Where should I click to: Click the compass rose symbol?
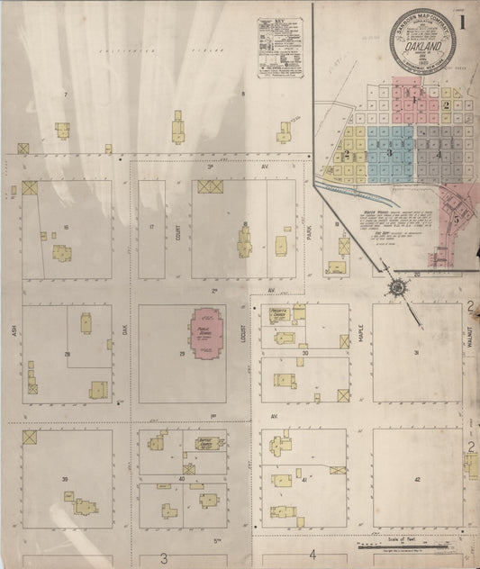(395, 288)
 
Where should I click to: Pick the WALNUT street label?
(470, 336)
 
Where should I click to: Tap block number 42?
(416, 480)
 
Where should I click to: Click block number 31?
(416, 352)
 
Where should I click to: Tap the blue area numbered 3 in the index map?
(389, 151)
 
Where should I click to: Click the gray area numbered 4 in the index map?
(439, 153)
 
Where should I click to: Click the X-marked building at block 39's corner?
(30, 437)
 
